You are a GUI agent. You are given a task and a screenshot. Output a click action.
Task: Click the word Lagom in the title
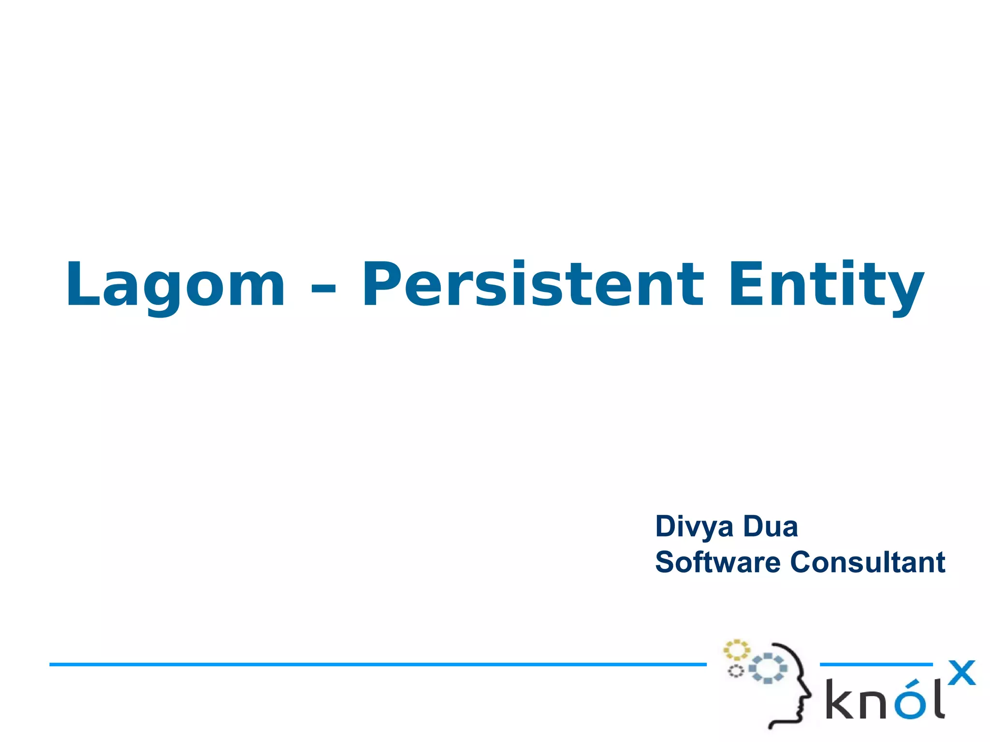pyautogui.click(x=175, y=285)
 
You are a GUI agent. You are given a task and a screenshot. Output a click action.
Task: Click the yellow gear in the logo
pyautogui.click(x=736, y=650)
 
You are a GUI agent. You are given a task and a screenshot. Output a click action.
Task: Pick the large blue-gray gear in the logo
pyautogui.click(x=768, y=668)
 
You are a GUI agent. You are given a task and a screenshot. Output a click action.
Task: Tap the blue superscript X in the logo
pyautogui.click(x=961, y=673)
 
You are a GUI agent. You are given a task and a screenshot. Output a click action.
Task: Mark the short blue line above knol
pyautogui.click(x=876, y=665)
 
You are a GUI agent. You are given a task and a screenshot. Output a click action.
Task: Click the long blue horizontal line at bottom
pyautogui.click(x=377, y=665)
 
